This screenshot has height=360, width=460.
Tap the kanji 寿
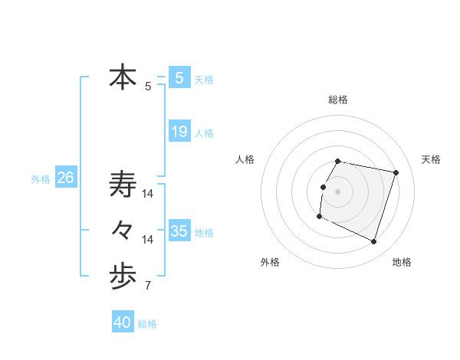click(123, 185)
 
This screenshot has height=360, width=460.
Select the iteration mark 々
click(123, 230)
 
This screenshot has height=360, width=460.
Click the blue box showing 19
click(179, 132)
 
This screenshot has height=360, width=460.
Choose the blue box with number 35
click(179, 231)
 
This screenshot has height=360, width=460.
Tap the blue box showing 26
click(65, 178)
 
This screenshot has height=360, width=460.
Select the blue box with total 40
click(123, 322)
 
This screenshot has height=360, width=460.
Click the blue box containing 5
click(179, 77)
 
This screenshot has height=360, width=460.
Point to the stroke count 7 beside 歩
click(148, 286)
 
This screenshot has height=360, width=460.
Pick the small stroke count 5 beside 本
click(148, 87)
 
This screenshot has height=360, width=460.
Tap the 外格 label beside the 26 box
click(41, 179)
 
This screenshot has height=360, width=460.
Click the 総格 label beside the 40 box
click(147, 324)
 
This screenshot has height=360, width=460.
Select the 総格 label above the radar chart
click(338, 100)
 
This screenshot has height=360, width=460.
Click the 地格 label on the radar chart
click(402, 262)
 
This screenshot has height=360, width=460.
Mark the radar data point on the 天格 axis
click(396, 172)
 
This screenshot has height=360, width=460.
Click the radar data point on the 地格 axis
click(373, 242)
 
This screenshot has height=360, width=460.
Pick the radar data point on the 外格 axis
click(319, 217)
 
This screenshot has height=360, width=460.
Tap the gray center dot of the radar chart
click(338, 191)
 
